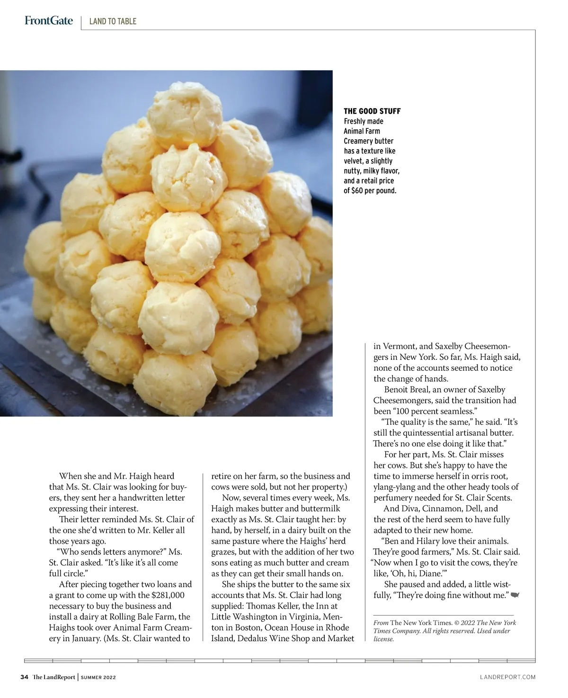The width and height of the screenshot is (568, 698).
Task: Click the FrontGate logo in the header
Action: click(x=49, y=20)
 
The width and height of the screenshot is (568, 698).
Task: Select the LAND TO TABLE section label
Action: click(x=113, y=21)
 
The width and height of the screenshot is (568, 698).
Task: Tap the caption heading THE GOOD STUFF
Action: click(x=372, y=111)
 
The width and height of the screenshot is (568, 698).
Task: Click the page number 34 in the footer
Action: click(x=25, y=677)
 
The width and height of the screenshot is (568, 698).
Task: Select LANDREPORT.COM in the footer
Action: click(x=507, y=677)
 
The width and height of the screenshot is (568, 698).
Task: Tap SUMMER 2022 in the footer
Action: click(x=98, y=678)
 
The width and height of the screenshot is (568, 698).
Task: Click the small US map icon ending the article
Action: click(x=515, y=595)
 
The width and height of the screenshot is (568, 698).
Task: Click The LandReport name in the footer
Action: click(x=53, y=677)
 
